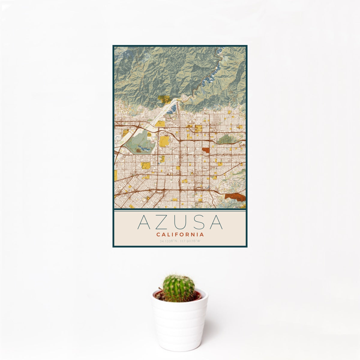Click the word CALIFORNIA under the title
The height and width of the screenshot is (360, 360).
click(180, 235)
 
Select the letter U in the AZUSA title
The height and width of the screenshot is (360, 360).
click(180, 222)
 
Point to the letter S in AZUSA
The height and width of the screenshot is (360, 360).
click(198, 222)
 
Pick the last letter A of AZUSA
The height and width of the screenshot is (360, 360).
click(216, 222)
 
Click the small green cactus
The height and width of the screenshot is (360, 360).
click(178, 288)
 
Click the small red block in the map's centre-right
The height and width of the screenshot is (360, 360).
click(206, 150)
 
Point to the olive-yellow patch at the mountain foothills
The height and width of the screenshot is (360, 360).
click(164, 99)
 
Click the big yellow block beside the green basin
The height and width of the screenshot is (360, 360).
click(164, 141)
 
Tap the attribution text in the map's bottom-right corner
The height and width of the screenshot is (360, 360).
click(240, 207)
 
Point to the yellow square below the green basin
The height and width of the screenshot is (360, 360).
click(146, 165)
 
